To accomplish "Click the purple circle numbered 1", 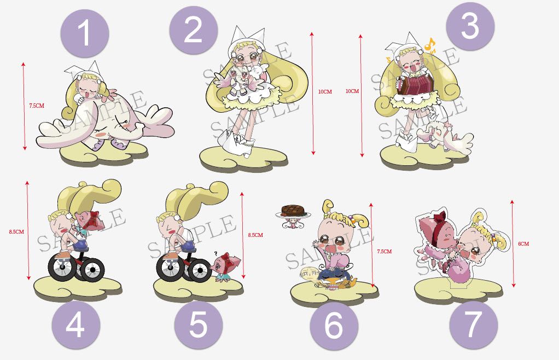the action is [x=84, y=33].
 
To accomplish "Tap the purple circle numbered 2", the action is [x=193, y=30].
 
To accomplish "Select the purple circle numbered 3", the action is [x=470, y=26].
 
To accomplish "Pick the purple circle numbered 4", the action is [x=75, y=325].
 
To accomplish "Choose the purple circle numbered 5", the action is [x=198, y=325].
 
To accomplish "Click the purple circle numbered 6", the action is [x=334, y=326].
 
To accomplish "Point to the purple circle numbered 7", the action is [x=473, y=325].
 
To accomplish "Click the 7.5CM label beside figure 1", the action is [x=37, y=106].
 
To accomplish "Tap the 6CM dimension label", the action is [x=523, y=244].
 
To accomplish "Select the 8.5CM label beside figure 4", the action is [x=17, y=231].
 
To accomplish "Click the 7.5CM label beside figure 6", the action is [x=385, y=251].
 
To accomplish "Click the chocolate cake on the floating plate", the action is [x=293, y=210].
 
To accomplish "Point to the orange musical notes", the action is [x=430, y=45].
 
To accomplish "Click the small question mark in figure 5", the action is [x=216, y=253].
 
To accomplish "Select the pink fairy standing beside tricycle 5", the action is [x=227, y=268].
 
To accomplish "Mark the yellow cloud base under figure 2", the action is [x=244, y=159].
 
